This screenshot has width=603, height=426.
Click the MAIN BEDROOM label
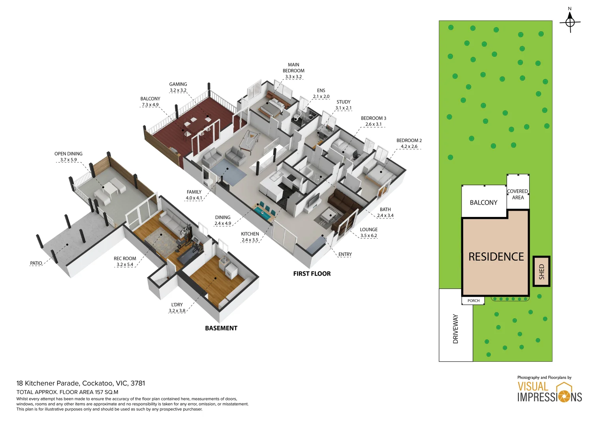[x=293, y=68]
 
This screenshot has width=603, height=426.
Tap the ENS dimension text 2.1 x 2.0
[x=321, y=97]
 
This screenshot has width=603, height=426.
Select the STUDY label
[x=344, y=102]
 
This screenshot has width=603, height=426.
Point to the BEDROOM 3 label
[x=374, y=118]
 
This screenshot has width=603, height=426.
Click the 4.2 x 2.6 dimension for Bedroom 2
[x=409, y=147]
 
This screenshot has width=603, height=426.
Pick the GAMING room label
[x=178, y=84]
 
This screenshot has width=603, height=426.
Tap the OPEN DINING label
[x=68, y=154]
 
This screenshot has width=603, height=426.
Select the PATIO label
[x=36, y=263]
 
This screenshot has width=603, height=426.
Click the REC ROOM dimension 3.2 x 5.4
[x=125, y=265]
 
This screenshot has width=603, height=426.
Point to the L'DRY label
[x=177, y=305]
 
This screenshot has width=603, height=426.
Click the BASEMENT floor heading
[x=221, y=328]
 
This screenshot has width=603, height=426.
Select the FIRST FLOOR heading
[x=312, y=274]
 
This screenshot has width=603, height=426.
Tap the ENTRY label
[x=345, y=254]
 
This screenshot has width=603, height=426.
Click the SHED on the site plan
[x=542, y=271]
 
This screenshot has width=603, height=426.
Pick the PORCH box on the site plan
[x=473, y=301]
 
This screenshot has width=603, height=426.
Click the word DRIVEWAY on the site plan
[x=455, y=329]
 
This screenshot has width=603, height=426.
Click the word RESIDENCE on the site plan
[x=496, y=257]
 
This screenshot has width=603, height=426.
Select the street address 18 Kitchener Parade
[x=48, y=383]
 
